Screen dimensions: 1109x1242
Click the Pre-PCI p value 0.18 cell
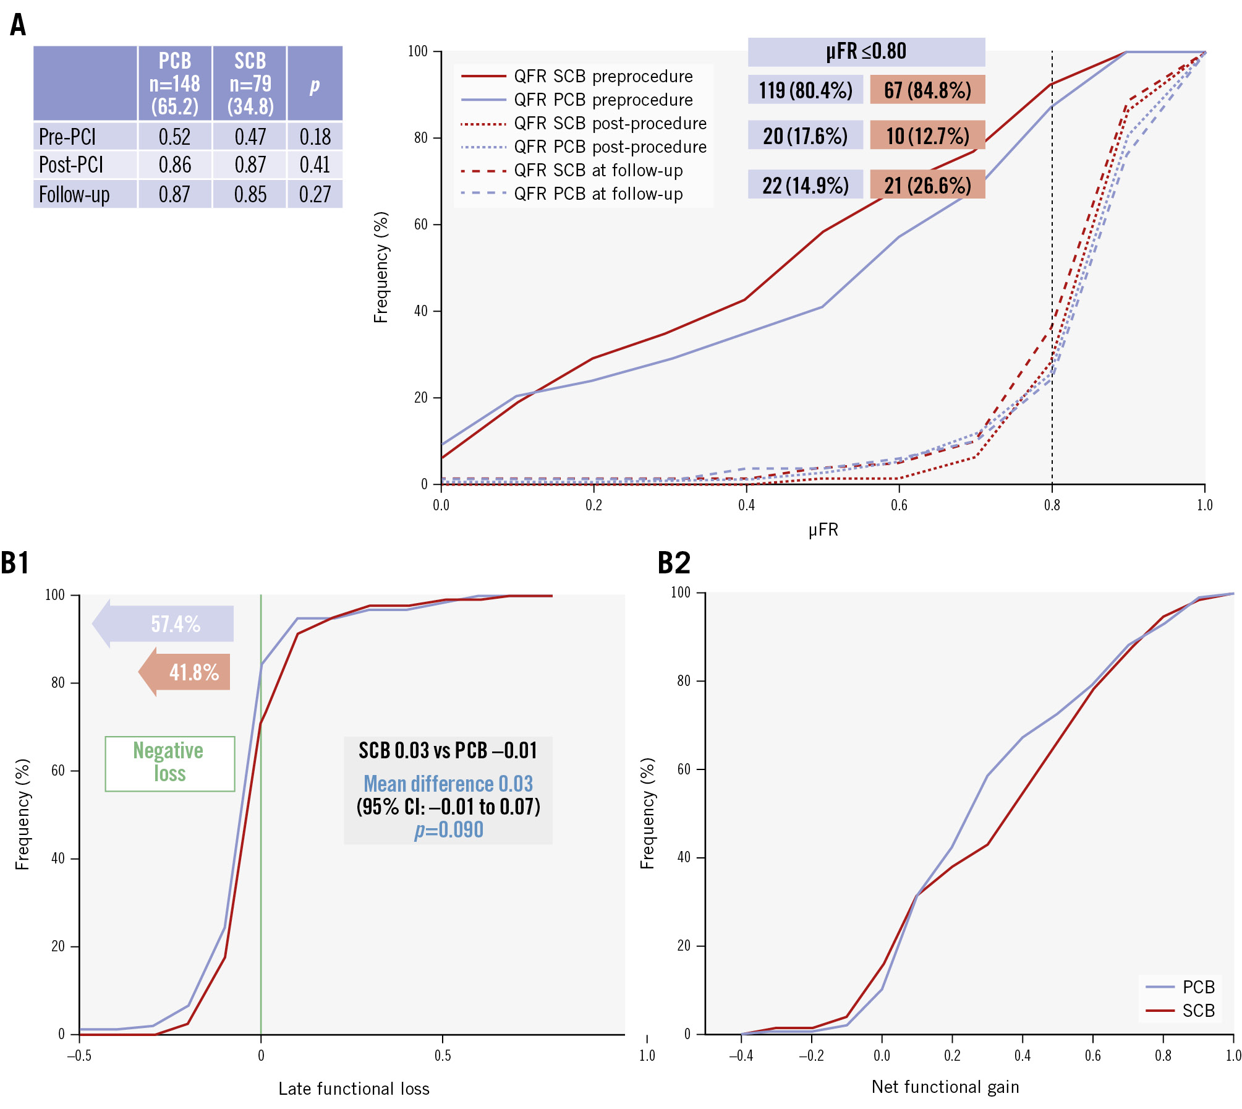click(315, 137)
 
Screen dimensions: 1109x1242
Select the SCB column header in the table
click(250, 83)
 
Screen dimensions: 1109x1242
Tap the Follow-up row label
click(74, 194)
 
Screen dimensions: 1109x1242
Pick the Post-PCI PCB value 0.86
click(174, 165)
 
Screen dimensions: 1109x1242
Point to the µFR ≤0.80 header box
click(866, 51)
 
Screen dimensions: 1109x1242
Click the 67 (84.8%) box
click(927, 90)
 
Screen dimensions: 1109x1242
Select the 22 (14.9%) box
click(805, 185)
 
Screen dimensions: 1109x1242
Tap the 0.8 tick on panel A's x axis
click(1052, 505)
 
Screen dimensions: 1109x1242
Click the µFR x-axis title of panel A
click(823, 530)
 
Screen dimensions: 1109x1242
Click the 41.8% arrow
click(185, 672)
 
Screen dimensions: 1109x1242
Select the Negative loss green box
click(169, 763)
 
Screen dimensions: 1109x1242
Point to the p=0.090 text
click(448, 830)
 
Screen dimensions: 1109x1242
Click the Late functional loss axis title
click(354, 1089)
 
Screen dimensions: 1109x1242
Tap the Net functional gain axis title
click(945, 1087)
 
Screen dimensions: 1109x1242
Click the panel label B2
click(674, 563)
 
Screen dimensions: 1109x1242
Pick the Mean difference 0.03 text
click(448, 784)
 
